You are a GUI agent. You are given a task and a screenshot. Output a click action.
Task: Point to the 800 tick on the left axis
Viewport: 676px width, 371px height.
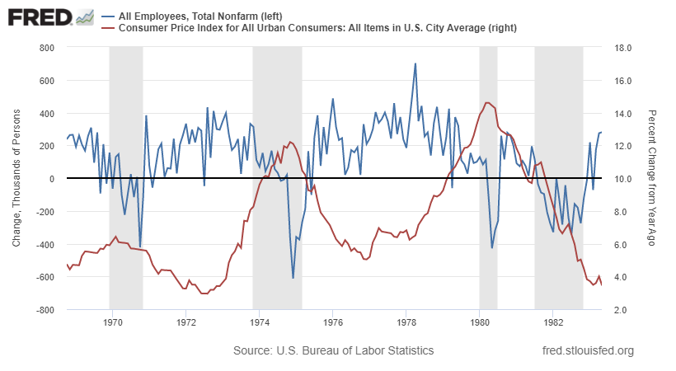coord(46,48)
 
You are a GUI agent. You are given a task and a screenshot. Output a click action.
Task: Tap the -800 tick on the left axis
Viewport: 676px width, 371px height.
coord(45,310)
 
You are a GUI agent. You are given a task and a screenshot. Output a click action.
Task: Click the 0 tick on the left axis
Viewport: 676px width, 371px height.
coord(50,179)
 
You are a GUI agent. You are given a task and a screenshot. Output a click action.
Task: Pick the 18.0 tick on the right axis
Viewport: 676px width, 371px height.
coord(618,48)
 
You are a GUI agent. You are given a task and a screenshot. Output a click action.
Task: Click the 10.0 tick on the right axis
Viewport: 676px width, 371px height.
coord(618,179)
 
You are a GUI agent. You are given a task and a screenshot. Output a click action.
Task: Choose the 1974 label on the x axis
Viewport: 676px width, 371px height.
coord(259,322)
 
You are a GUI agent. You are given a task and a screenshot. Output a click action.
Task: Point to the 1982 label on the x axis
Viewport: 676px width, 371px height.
coord(553,322)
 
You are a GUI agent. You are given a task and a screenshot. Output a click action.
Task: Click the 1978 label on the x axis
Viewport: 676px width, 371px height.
coord(406,322)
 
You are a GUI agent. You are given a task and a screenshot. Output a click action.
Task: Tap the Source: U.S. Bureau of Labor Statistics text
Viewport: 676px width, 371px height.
coord(333,351)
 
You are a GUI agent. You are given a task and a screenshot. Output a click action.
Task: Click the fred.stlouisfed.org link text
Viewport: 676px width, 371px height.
coord(588,351)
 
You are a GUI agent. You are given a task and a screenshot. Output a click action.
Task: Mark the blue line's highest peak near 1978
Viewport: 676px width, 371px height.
coord(415,63)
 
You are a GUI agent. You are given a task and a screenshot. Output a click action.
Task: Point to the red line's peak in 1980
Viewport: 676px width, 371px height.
coord(488,102)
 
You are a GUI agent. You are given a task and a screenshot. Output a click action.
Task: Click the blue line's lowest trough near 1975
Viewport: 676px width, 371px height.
coord(293,278)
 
